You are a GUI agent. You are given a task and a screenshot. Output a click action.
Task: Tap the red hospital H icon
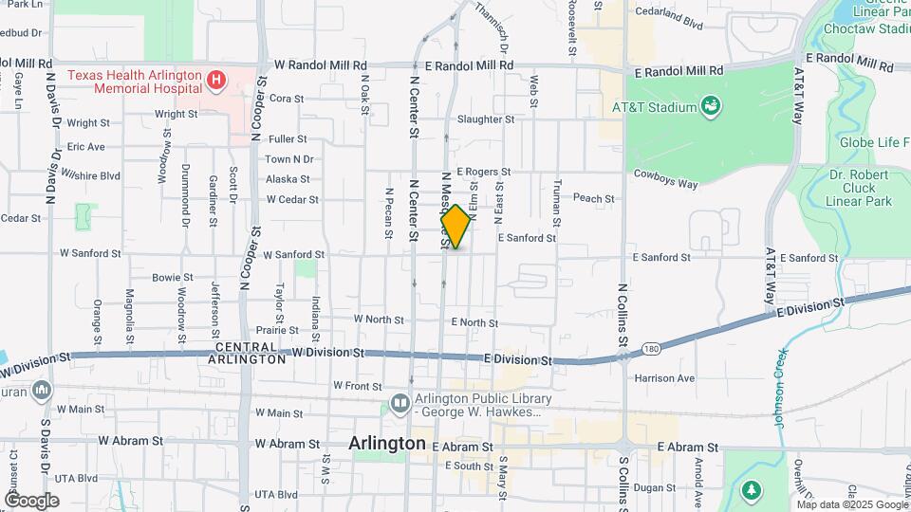point(216,80)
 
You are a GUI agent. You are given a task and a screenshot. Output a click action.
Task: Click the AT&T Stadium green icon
point(710,106)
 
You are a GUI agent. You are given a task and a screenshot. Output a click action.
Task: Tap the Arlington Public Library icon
point(400,406)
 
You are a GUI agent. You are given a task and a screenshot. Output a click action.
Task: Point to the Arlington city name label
point(386,443)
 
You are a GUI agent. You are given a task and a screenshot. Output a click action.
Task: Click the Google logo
point(31,500)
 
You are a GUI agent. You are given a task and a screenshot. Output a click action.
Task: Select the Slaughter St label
point(485,119)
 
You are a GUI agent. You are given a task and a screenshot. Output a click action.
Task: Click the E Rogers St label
point(483,172)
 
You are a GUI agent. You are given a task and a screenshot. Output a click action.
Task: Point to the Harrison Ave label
point(664,378)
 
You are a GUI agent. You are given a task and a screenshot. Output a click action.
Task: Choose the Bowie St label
point(173,278)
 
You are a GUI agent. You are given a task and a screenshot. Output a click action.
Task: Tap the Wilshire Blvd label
point(92,175)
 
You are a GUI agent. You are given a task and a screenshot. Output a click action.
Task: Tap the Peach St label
point(594,199)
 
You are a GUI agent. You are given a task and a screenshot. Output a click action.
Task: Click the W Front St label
point(357,386)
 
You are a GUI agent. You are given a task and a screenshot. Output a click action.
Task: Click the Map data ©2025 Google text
point(851,504)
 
